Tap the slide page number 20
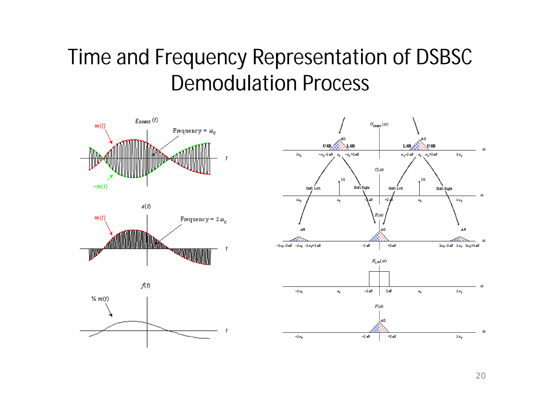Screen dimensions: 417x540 (480, 376)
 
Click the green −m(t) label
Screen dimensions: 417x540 (100, 187)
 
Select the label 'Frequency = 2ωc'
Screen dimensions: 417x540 (203, 220)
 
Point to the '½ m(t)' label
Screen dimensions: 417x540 (100, 299)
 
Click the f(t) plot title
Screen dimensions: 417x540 (146, 285)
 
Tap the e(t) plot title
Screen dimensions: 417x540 (146, 206)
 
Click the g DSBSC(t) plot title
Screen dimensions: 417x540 (147, 120)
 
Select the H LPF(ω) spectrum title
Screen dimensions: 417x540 (379, 261)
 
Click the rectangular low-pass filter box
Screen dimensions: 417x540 (379, 279)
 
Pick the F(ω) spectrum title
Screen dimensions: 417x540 (379, 306)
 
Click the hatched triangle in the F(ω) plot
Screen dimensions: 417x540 (379, 328)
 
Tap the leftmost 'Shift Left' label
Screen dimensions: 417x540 (313, 188)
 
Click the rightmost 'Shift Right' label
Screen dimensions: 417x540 (444, 189)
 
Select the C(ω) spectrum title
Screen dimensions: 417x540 (379, 170)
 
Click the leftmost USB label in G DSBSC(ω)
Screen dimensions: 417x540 (327, 146)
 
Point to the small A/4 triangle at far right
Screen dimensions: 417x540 (460, 239)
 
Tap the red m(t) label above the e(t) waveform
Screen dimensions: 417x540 (100, 218)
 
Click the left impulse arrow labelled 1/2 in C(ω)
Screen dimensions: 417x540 (339, 188)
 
